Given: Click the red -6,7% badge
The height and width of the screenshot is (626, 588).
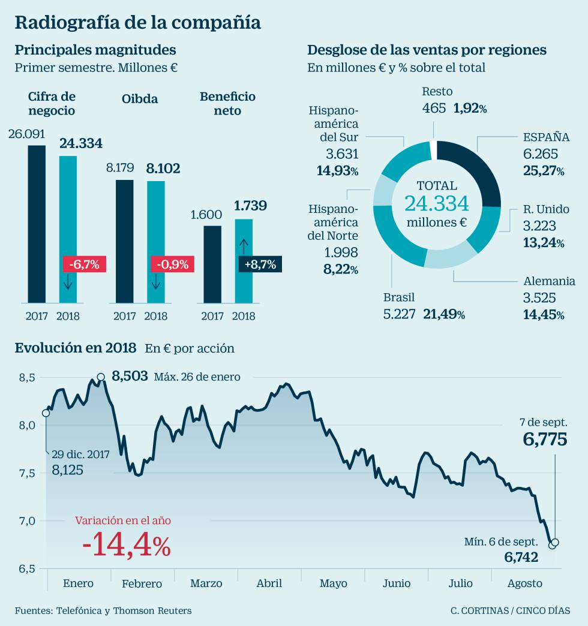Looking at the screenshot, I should [x=84, y=264].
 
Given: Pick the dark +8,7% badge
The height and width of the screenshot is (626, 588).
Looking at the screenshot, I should [x=260, y=264].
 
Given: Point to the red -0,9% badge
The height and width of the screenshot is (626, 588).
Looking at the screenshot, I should [x=172, y=264].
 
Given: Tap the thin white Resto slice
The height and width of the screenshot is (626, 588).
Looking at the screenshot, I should [x=433, y=150].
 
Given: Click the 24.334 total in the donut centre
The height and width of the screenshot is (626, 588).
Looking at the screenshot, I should [x=436, y=204].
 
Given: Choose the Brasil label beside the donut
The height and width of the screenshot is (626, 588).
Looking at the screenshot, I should [x=399, y=297].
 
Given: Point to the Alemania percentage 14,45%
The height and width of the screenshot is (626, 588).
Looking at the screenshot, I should [x=544, y=314].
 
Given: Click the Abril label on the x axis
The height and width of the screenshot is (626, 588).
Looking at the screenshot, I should [x=269, y=583].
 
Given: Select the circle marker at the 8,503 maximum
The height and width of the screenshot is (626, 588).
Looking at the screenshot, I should [x=101, y=377].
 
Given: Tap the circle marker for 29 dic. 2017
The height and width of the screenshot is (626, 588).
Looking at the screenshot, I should [x=46, y=413].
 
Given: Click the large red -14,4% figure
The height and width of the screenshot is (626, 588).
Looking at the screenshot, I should [x=127, y=546].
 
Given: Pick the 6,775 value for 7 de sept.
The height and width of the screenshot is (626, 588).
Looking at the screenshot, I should [x=545, y=440].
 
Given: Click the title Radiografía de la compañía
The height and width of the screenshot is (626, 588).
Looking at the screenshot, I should [x=137, y=23].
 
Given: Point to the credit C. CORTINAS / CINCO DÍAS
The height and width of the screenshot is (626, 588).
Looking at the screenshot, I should [x=511, y=610].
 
